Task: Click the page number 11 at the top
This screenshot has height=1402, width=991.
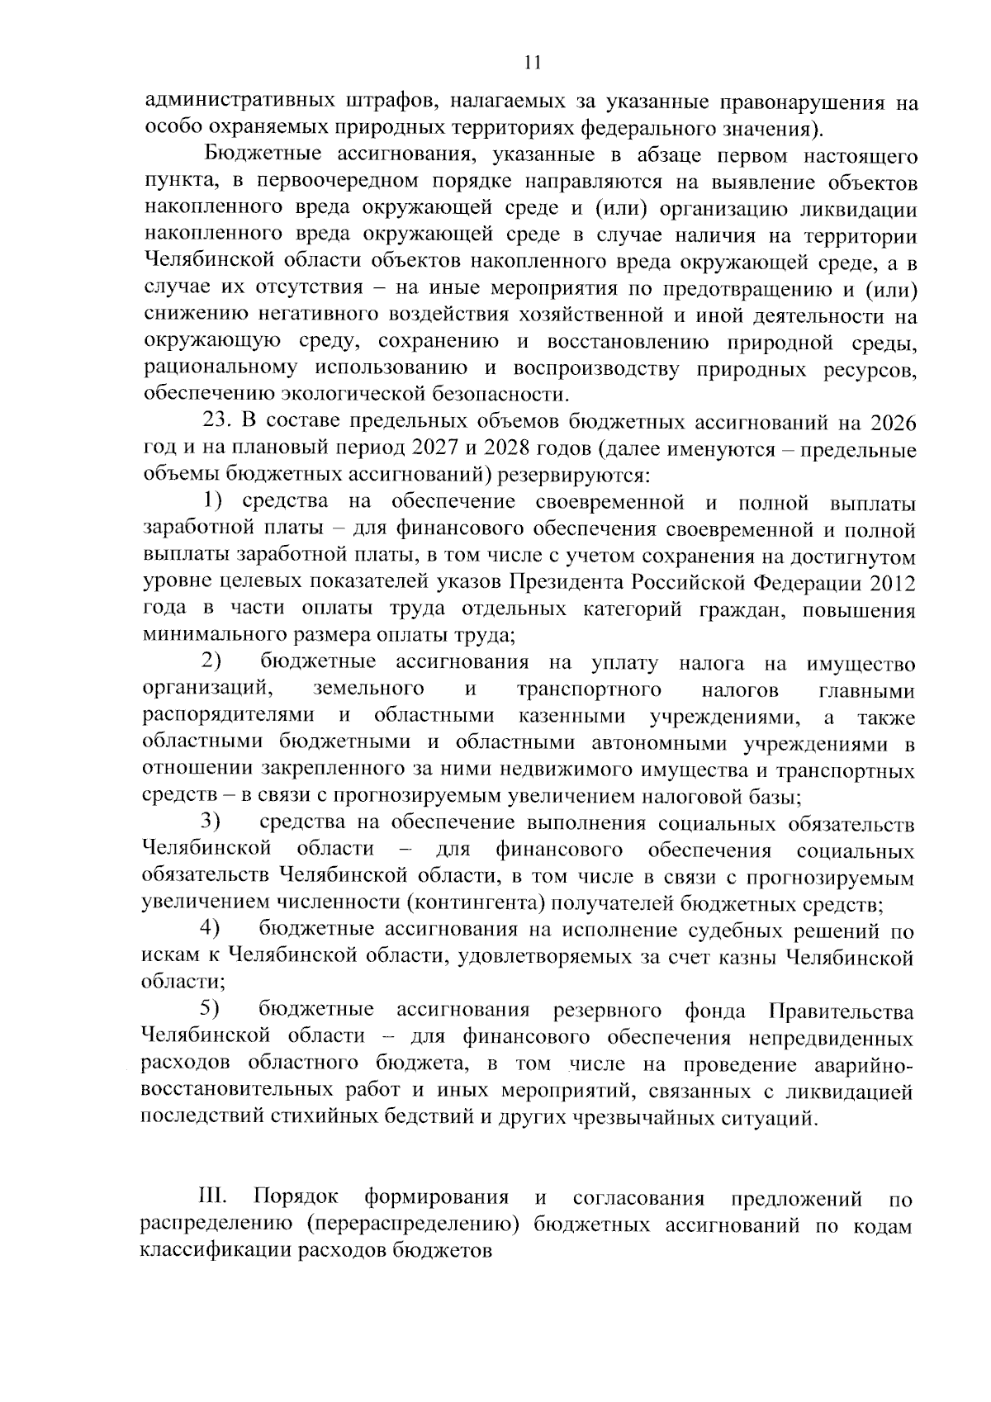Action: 532,63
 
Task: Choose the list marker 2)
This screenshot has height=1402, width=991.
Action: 211,662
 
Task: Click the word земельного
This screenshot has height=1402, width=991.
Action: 368,689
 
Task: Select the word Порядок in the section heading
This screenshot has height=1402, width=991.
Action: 296,1198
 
